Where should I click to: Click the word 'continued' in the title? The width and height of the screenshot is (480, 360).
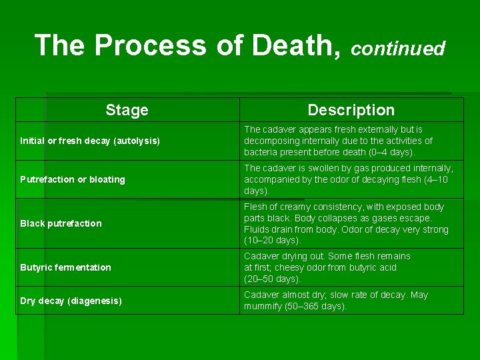(398, 49)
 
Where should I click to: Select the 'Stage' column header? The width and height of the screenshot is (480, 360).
(127, 110)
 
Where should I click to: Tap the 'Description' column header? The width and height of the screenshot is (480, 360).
(351, 110)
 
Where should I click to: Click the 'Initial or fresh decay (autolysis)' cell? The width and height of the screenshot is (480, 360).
(90, 141)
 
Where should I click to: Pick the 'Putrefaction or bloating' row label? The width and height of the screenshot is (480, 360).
(73, 179)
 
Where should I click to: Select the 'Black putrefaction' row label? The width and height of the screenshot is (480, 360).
(61, 223)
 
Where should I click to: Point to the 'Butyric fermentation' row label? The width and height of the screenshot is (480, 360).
(65, 267)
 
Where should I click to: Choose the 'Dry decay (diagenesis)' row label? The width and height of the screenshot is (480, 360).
(71, 301)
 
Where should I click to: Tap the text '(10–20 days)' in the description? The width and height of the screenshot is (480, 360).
(273, 240)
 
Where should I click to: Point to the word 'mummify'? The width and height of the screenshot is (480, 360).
(263, 306)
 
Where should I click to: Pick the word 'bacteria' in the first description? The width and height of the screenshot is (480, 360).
(262, 152)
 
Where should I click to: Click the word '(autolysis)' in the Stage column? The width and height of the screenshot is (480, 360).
(137, 141)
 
